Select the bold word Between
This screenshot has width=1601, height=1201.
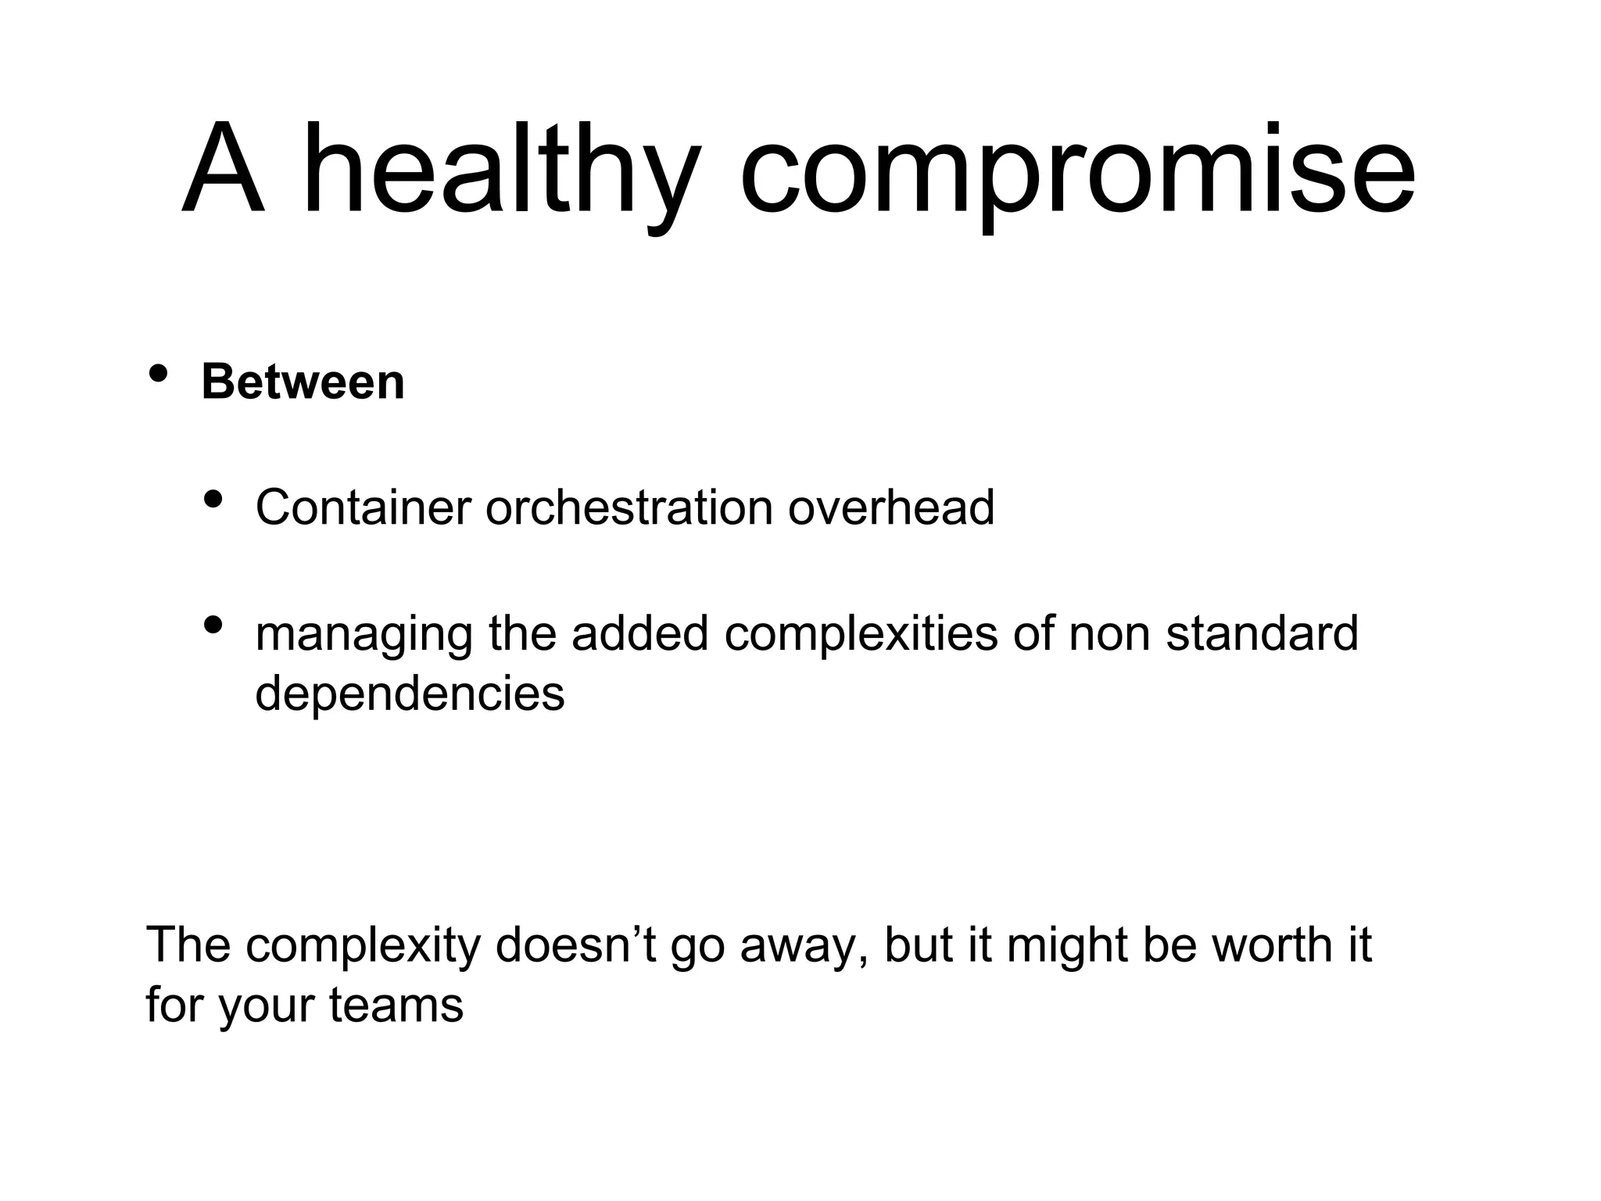click(303, 382)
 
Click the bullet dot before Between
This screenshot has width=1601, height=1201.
click(159, 373)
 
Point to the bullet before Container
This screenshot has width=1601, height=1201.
click(213, 498)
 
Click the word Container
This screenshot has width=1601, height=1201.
click(363, 507)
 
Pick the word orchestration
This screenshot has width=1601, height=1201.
click(629, 507)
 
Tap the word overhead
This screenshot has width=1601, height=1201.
click(890, 507)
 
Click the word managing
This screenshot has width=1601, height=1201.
click(364, 635)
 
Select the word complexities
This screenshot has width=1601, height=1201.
click(861, 633)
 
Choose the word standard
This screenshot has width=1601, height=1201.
click(1262, 633)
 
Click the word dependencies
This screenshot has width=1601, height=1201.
click(410, 693)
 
